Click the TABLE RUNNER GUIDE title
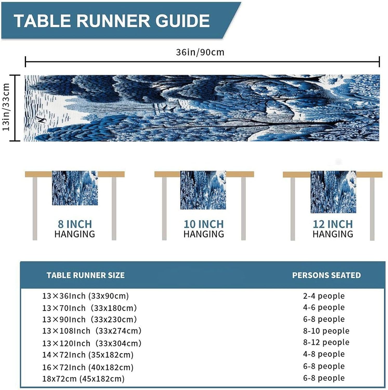point(112,21)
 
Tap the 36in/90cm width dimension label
point(200,52)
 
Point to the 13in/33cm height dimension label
point(6,107)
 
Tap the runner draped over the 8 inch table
point(75,188)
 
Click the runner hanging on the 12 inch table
point(333,192)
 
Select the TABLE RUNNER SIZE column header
point(86,275)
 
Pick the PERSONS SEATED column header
point(326,275)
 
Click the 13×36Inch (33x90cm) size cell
point(86,296)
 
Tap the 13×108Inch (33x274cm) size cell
point(92,331)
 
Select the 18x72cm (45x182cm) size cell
point(83,379)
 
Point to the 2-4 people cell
point(324,296)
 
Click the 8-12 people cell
point(326,342)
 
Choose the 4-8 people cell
point(324,354)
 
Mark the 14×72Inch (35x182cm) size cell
point(88,355)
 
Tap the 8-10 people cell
point(326,331)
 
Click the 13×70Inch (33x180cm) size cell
point(89,308)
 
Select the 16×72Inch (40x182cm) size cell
point(88,367)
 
